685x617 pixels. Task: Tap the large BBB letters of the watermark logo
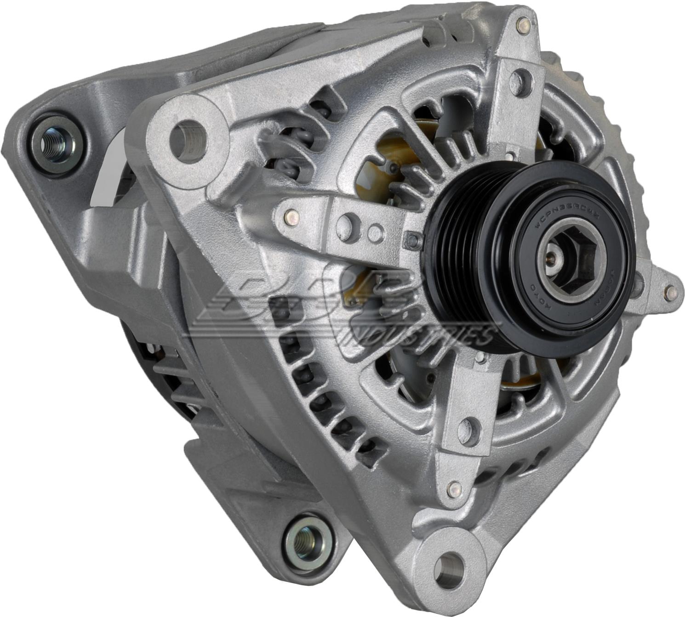[x=294, y=299]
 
